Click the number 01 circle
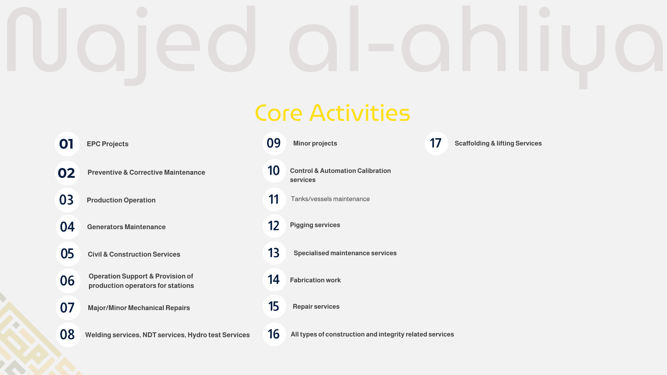[67, 144]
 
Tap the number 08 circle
[68, 335]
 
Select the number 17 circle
[437, 143]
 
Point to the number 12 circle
[274, 226]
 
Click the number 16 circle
[274, 334]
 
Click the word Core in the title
[279, 113]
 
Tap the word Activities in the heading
[360, 112]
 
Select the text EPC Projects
[108, 144]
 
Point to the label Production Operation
[121, 200]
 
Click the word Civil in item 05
[94, 255]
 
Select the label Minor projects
[315, 143]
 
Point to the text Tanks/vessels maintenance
[330, 199]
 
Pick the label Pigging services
[315, 225]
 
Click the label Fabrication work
[315, 280]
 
